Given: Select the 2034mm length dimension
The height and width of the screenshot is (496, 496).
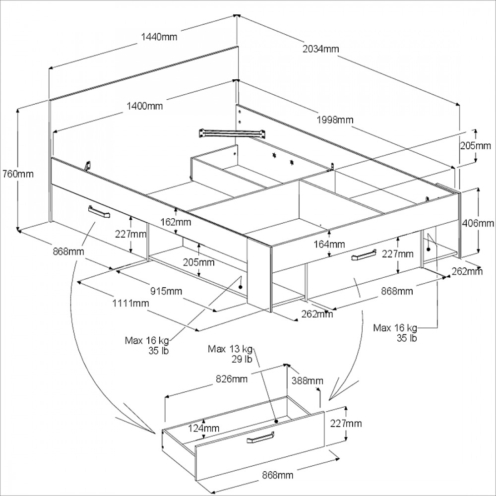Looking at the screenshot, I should [x=320, y=49].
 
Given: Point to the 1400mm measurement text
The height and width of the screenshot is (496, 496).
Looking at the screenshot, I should [x=145, y=106].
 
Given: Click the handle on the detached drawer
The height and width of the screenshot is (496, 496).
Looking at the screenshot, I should [x=261, y=438].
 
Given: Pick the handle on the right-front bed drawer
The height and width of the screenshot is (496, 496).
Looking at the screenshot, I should [x=364, y=255].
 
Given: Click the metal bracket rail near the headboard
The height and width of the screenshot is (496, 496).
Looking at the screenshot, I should [x=230, y=132].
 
